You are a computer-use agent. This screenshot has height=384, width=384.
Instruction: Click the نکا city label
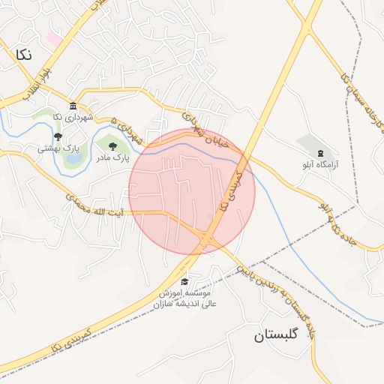(x=23, y=54)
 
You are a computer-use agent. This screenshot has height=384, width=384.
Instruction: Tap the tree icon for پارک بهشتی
(x=58, y=136)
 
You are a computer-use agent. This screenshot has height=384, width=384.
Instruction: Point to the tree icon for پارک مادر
(x=112, y=146)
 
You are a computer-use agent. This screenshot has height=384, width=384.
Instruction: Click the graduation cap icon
(x=184, y=282)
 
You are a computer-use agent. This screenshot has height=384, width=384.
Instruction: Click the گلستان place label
(x=276, y=334)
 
